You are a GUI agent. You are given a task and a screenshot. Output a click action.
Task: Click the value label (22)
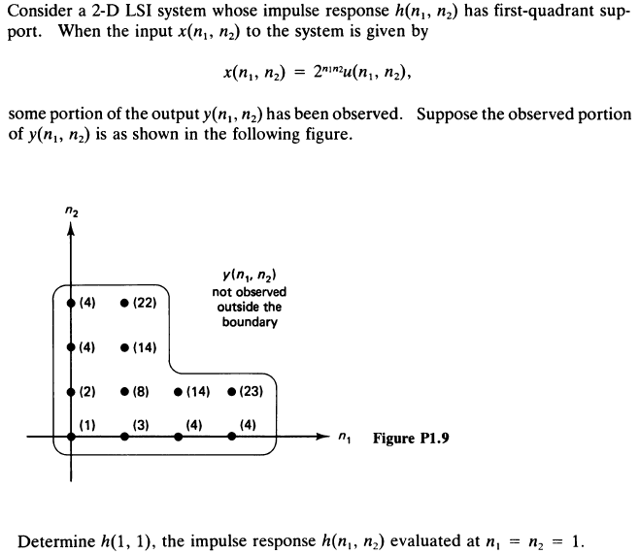tap(143, 303)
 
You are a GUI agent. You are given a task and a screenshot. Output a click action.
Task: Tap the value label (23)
tap(251, 394)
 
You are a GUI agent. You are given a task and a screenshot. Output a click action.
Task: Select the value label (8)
tap(140, 394)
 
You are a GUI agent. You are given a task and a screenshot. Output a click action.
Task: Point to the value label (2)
tap(87, 394)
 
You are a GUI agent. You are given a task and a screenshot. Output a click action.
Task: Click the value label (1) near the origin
tap(87, 423)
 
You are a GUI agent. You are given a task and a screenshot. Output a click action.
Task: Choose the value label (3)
tap(140, 423)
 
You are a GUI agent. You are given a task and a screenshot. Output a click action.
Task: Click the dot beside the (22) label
tap(124, 303)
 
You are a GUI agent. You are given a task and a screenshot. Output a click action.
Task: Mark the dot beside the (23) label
tap(231, 394)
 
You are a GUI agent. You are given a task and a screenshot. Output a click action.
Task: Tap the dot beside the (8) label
tap(124, 394)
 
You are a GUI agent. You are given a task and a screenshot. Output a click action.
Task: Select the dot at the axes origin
tap(72, 438)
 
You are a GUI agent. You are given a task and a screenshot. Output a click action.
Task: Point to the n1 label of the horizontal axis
tap(345, 439)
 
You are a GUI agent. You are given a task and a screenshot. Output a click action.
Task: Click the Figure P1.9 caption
tap(410, 439)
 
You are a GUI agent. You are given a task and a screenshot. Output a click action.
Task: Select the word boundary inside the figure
tap(249, 322)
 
